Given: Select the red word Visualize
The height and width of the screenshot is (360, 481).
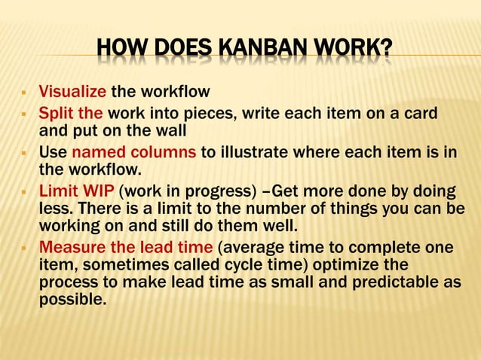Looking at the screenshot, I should point(73,93).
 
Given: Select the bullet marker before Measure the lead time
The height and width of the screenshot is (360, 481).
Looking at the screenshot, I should point(24,248).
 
